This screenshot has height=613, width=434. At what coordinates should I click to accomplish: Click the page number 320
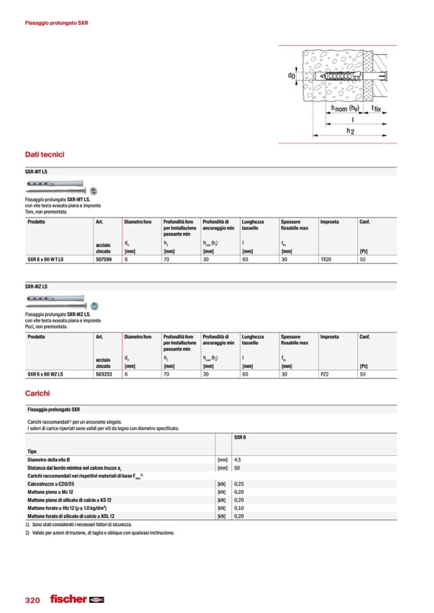(x=33, y=600)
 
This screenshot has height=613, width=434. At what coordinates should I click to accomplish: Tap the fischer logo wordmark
(x=68, y=599)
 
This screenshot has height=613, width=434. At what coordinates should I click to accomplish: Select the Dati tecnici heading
(x=44, y=155)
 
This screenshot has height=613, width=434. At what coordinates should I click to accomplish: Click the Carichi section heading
(x=37, y=393)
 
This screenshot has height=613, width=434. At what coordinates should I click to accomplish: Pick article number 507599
(x=104, y=260)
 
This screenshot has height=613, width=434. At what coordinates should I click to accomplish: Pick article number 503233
(x=104, y=375)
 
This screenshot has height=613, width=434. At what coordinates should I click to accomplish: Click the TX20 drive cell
(x=326, y=260)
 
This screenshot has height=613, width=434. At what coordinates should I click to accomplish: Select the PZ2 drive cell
(x=325, y=375)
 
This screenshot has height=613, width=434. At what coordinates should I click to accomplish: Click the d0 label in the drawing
(x=291, y=76)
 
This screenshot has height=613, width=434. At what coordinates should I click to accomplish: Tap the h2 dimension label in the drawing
(x=350, y=130)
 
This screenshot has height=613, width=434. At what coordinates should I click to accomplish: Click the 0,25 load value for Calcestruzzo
(x=239, y=485)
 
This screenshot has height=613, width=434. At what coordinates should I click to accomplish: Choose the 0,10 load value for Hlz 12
(x=239, y=508)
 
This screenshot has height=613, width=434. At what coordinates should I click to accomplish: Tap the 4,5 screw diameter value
(x=237, y=460)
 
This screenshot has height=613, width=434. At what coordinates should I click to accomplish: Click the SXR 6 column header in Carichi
(x=241, y=437)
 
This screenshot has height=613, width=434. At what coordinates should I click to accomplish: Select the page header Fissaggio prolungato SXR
(x=56, y=23)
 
